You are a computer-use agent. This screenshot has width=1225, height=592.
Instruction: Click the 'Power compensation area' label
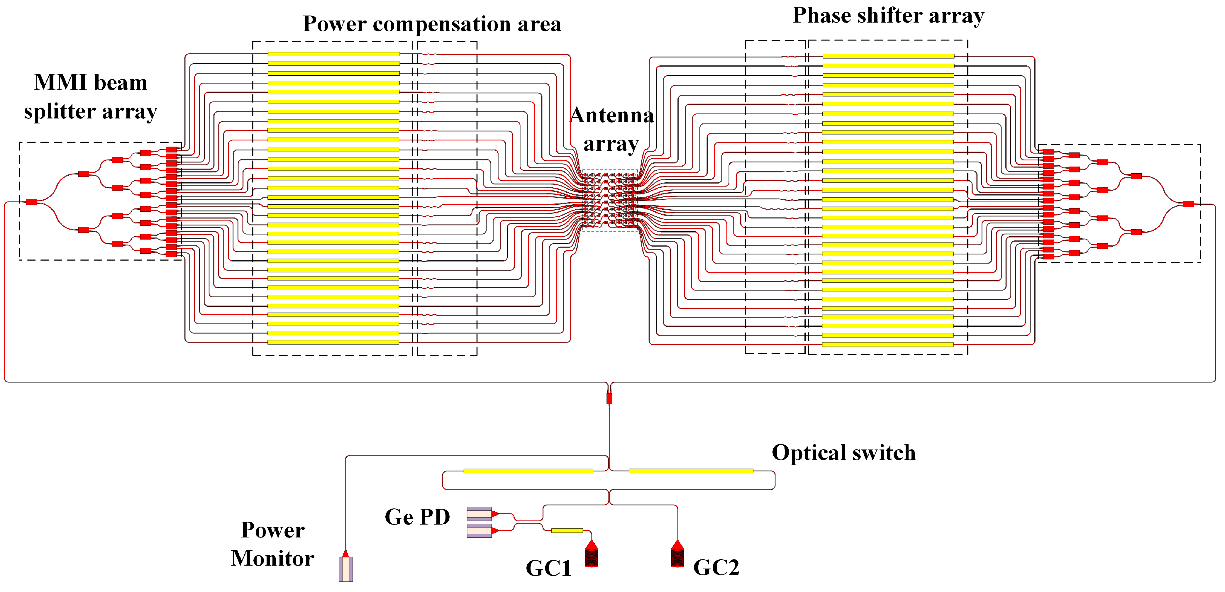click(x=432, y=24)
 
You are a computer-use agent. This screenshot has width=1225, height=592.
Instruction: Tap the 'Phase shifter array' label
click(x=888, y=16)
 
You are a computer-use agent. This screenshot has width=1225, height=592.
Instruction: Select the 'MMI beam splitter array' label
click(x=90, y=97)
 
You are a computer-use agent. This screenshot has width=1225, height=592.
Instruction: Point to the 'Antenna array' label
click(x=611, y=129)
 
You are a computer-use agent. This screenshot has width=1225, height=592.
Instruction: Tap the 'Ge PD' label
click(x=417, y=517)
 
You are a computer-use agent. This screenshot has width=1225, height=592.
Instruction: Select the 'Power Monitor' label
click(x=272, y=544)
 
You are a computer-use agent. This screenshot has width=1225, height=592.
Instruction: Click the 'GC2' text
click(x=716, y=567)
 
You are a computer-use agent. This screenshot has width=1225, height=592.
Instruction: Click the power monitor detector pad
click(x=346, y=569)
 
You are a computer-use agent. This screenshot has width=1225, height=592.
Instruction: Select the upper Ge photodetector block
click(x=479, y=514)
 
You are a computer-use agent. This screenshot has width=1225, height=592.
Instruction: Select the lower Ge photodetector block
click(x=479, y=531)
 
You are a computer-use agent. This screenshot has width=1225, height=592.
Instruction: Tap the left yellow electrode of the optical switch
click(x=528, y=471)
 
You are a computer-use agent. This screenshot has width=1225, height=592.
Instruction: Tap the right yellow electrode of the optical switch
click(x=690, y=471)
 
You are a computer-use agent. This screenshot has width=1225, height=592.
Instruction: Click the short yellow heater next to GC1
click(x=567, y=530)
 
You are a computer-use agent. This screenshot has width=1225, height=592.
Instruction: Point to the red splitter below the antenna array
click(x=609, y=398)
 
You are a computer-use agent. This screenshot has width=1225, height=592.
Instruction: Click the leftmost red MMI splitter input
click(x=31, y=202)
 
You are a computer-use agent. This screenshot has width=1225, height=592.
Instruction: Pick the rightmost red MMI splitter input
click(x=1188, y=204)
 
